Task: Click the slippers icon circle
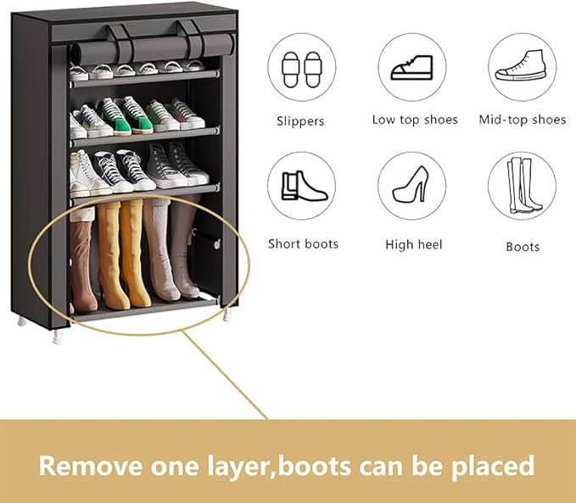[301, 67]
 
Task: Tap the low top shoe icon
[412, 67]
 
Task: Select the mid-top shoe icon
[522, 67]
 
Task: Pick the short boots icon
[301, 186]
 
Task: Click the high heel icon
[412, 186]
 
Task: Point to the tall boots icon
[522, 186]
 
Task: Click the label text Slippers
[300, 120]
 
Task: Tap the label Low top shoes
[415, 120]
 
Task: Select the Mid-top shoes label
[522, 120]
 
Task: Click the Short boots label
[303, 244]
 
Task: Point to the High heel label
[414, 244]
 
